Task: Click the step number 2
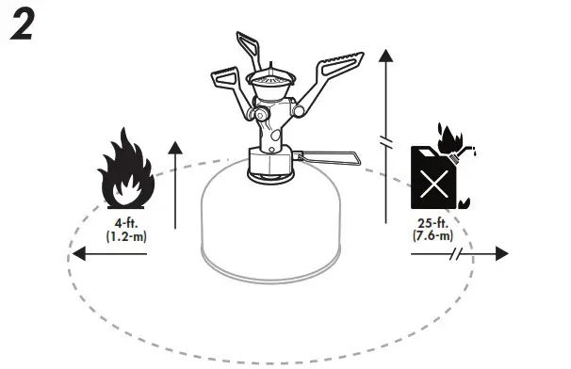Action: tap(23, 26)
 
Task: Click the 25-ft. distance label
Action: tap(432, 223)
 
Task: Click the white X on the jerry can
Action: tap(432, 184)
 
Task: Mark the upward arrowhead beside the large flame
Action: tap(174, 146)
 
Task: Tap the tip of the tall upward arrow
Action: tap(384, 55)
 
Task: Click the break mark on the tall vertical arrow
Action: tap(384, 140)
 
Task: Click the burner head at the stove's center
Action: tap(270, 83)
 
